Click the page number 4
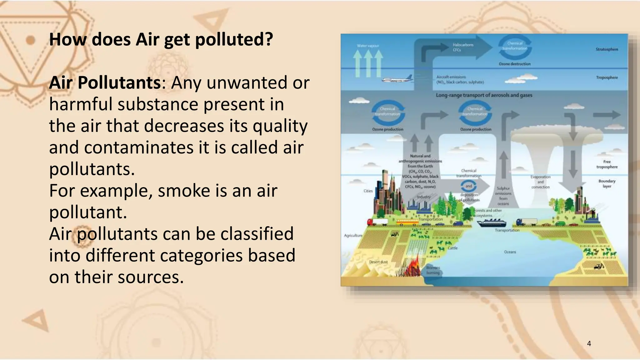pos(589,343)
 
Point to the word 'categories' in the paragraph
pos(201,255)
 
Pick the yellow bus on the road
pos(407,222)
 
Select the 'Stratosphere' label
pos(607,49)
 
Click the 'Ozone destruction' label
pos(514,64)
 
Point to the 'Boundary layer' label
pos(607,183)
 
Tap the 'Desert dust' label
pos(378,262)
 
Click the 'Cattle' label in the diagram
pos(452,248)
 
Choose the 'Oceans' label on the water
pos(510,252)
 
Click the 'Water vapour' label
pos(368,46)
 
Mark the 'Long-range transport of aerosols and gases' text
pos(484,95)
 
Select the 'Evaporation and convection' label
pos(540,182)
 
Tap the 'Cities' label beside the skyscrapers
pos(368,191)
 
